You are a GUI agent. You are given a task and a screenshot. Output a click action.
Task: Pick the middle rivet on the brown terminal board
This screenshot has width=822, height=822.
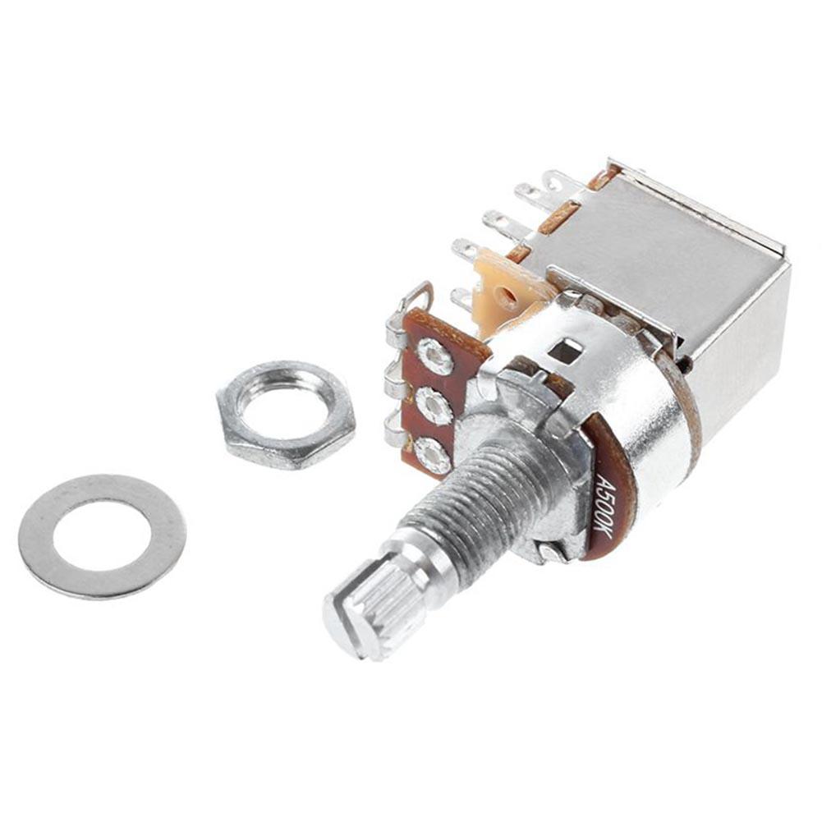(x=433, y=406)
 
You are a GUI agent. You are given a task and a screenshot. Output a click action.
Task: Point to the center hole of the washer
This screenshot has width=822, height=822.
(x=102, y=537)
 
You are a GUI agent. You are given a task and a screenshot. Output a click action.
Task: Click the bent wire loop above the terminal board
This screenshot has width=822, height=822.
(x=420, y=296)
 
